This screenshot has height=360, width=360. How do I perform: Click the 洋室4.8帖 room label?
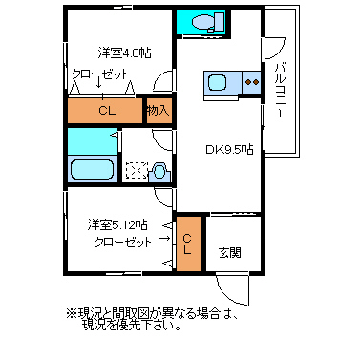point(124,53)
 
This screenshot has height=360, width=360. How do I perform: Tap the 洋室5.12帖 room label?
point(117,225)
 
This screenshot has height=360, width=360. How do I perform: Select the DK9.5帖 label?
point(229,149)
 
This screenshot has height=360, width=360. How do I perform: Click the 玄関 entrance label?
point(230,253)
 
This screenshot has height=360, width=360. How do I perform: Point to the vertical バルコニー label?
point(281,91)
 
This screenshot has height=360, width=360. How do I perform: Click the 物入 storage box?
point(159,111)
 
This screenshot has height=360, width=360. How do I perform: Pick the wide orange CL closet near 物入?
point(105,111)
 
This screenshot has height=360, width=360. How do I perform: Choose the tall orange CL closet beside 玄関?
point(189,244)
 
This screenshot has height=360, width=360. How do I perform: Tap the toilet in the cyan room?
point(208,22)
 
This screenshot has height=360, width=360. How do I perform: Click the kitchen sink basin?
point(218,82)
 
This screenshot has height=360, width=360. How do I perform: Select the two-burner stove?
point(252,82)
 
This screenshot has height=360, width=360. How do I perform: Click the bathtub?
point(93,169)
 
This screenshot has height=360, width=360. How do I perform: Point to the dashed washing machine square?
point(138,171)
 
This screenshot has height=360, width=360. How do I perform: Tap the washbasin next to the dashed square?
point(159,172)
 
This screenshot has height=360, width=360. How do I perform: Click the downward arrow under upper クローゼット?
point(98,82)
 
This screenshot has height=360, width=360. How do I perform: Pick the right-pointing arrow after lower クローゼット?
point(164,238)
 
